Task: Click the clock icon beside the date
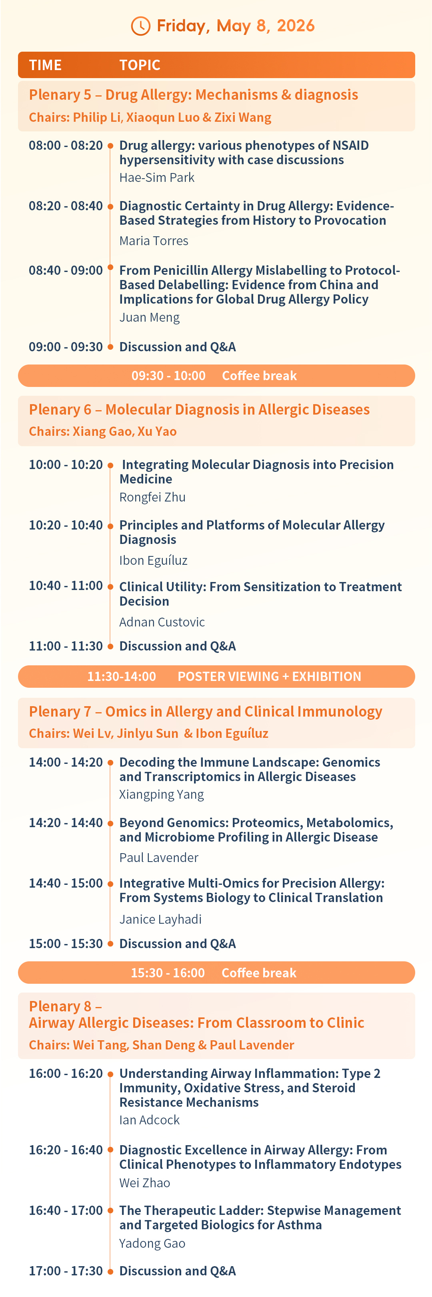141,26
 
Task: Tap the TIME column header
45,65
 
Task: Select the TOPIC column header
140,65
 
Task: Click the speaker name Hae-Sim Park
157,177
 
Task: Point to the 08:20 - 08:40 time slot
65,206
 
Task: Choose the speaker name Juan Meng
149,317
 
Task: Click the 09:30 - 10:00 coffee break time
168,376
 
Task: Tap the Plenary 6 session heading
199,409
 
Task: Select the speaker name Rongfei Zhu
152,497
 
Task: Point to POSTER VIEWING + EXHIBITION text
270,676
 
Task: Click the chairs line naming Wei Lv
148,733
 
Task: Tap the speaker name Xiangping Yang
162,795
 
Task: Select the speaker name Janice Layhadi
160,919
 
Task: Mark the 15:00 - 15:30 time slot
65,944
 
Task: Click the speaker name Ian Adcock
149,1120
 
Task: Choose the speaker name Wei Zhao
145,1183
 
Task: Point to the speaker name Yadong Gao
152,1244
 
